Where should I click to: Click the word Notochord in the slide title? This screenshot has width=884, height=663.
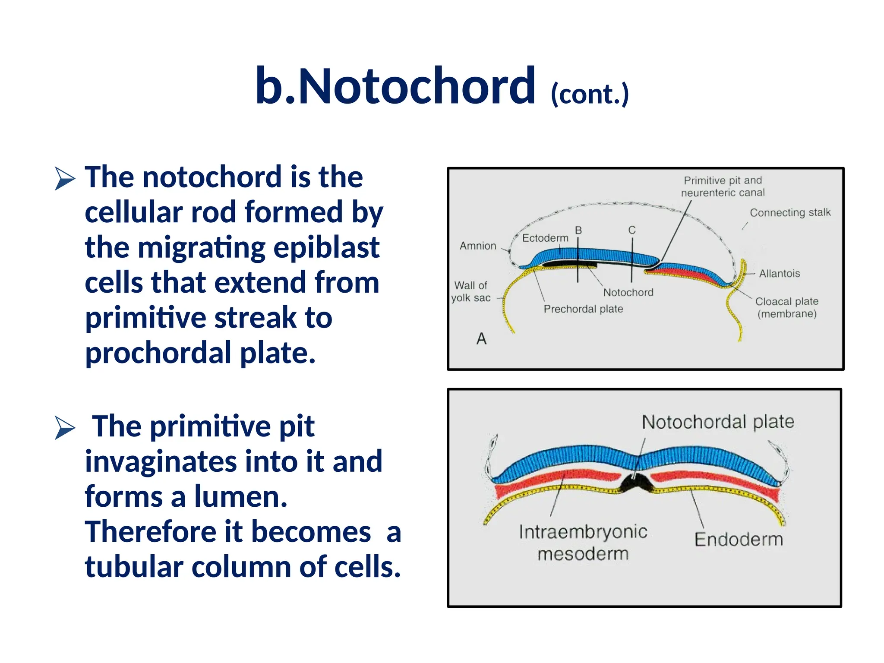(x=417, y=86)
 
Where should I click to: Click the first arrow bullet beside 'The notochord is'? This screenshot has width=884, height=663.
(x=65, y=178)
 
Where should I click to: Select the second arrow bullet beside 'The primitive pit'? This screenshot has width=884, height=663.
(x=65, y=428)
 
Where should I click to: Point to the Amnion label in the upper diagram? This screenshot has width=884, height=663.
(x=478, y=246)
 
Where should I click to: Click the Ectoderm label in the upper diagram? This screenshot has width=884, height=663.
(x=545, y=238)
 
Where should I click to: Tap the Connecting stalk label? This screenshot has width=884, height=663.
(x=790, y=213)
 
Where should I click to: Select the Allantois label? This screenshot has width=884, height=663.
(x=779, y=274)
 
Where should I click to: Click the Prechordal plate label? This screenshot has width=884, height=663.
(x=583, y=309)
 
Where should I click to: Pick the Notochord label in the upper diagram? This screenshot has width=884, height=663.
(x=628, y=293)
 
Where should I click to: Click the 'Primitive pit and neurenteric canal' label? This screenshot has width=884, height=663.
(x=723, y=186)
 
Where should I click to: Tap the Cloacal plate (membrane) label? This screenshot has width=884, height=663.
(x=786, y=307)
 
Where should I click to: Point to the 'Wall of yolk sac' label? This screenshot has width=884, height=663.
(x=471, y=292)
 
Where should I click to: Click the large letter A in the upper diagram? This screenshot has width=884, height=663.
(x=481, y=339)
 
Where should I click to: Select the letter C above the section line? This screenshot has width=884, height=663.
(x=632, y=230)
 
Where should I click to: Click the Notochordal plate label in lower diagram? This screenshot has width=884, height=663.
(x=718, y=422)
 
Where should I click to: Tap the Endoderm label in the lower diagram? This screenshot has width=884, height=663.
(x=739, y=540)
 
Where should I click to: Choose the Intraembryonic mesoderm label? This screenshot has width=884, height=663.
(x=583, y=543)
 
